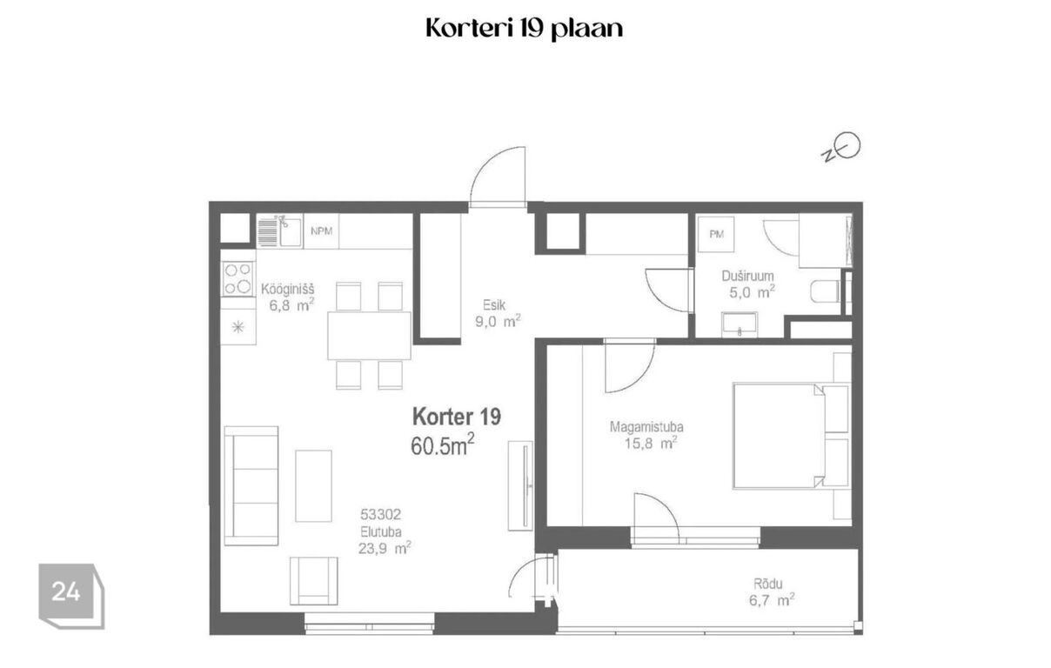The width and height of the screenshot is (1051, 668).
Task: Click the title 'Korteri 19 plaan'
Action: tap(524, 29)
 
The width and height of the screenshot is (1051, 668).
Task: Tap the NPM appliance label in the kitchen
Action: tap(321, 230)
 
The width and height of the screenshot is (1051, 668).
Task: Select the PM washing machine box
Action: tap(716, 234)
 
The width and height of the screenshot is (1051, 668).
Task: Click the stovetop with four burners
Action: tap(238, 278)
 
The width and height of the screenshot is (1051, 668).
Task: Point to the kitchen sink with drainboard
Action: tap(279, 230)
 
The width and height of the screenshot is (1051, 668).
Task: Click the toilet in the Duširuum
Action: tap(826, 291)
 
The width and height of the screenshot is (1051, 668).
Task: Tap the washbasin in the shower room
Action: tap(740, 324)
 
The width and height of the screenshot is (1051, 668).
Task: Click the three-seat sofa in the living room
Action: tap(251, 485)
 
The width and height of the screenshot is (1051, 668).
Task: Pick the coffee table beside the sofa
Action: tap(313, 485)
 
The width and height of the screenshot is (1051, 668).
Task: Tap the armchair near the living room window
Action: tap(313, 581)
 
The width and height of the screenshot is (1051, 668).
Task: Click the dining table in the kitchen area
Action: tap(369, 336)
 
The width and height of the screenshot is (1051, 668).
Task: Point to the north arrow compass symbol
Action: tap(841, 147)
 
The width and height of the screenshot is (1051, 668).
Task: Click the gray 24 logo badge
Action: tap(71, 596)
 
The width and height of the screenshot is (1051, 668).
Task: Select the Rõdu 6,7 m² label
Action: tap(772, 592)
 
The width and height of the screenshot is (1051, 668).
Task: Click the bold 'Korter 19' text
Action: tap(457, 417)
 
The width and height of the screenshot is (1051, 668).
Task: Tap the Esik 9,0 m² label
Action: tap(498, 313)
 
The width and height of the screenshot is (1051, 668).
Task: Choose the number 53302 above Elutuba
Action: tap(380, 515)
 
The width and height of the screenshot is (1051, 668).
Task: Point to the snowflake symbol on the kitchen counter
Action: tap(238, 326)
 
